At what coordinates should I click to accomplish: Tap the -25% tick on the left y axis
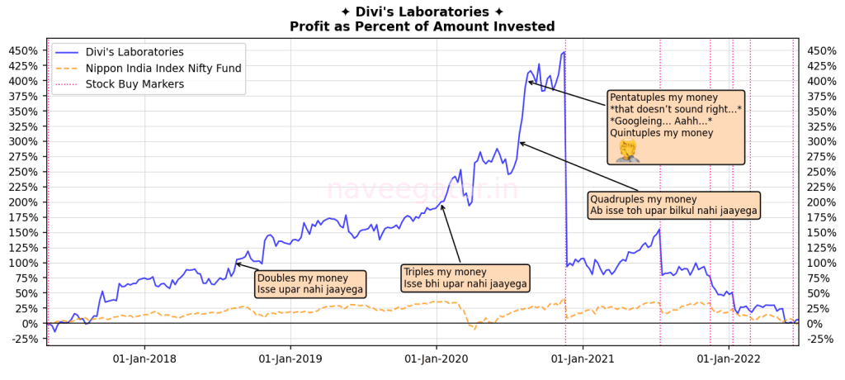pyautogui.click(x=26, y=339)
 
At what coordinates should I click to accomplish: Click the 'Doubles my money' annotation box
pyautogui.click(x=309, y=283)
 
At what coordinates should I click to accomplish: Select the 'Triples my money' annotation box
pyautogui.click(x=465, y=278)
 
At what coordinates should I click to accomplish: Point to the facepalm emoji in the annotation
pyautogui.click(x=627, y=150)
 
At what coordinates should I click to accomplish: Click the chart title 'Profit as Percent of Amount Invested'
pyautogui.click(x=422, y=26)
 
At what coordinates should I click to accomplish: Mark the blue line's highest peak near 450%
pyautogui.click(x=564, y=53)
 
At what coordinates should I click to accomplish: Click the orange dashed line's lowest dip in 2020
pyautogui.click(x=474, y=330)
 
